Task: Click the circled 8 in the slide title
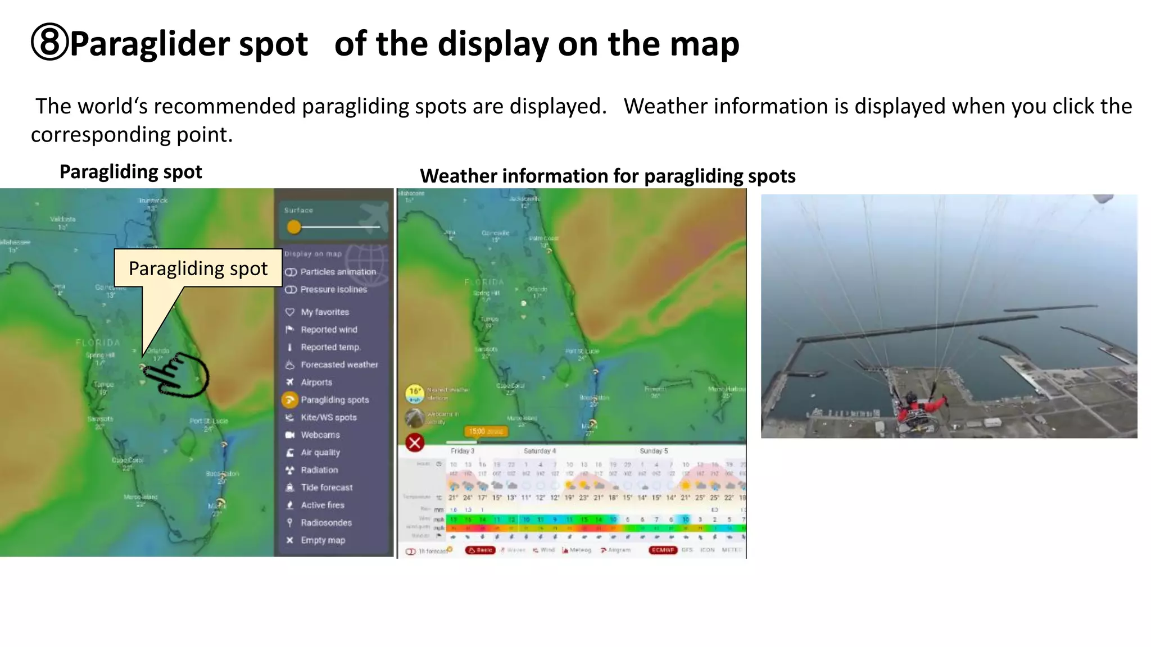point(49,43)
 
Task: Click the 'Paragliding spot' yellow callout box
point(198,268)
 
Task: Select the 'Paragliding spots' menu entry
point(334,400)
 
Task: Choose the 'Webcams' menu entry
point(320,435)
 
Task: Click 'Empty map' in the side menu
point(322,540)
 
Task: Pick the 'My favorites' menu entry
point(324,312)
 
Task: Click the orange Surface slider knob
point(293,227)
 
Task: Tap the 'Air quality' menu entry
point(320,453)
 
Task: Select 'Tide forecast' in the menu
point(326,487)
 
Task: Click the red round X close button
point(415,443)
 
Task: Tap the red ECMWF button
point(663,550)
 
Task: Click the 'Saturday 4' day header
point(540,451)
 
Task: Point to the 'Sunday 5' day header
point(654,451)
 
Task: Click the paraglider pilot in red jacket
point(918,405)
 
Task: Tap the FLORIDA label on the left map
point(98,343)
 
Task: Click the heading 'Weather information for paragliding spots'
point(607,176)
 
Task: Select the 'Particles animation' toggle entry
point(337,272)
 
